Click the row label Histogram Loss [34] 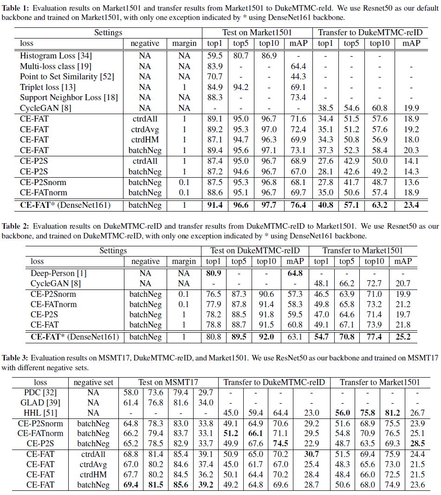click(56, 56)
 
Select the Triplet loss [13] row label click(48, 87)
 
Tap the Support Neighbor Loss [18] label click(69, 97)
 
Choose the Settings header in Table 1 click(108, 32)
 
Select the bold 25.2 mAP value click(402, 337)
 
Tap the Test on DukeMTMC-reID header click(254, 251)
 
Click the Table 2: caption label click(17, 226)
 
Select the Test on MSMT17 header click(168, 383)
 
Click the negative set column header click(93, 383)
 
